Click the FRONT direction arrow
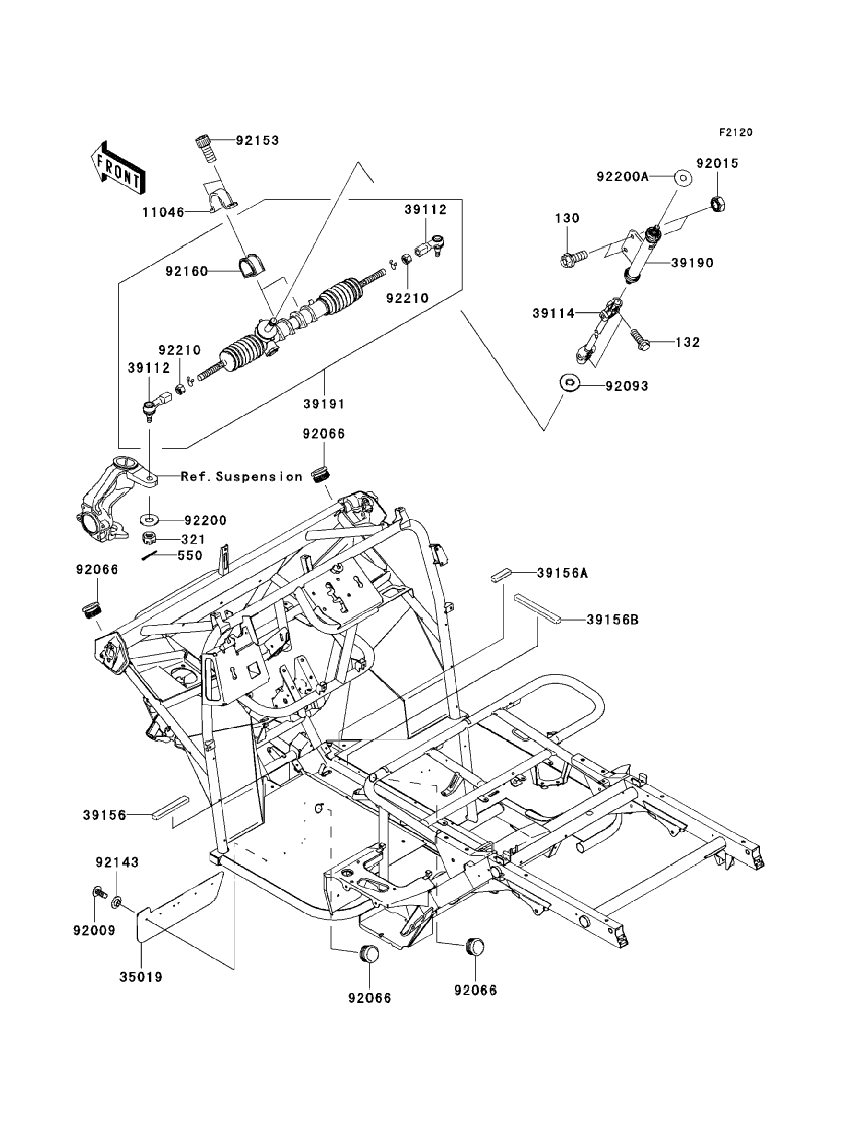[117, 168]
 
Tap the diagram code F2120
[736, 133]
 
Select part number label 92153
[257, 140]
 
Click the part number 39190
[692, 263]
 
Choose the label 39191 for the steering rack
[323, 404]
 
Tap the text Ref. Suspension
[242, 476]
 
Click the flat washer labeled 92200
[149, 519]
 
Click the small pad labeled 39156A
[500, 574]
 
